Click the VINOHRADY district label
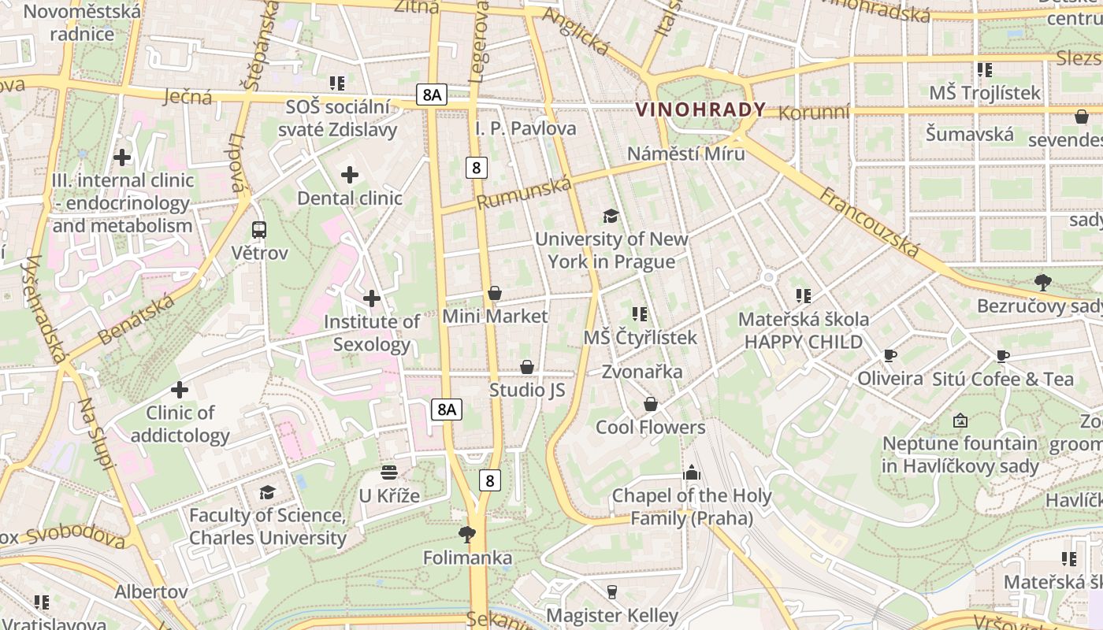(x=700, y=109)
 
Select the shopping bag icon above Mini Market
(x=495, y=294)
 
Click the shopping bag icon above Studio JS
(x=527, y=367)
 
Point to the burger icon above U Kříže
(x=389, y=472)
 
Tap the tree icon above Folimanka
(x=467, y=535)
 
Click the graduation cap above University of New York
(x=611, y=216)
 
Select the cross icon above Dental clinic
(x=350, y=175)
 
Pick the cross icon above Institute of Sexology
(x=372, y=298)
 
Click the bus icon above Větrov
(x=259, y=230)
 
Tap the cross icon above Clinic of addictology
(x=180, y=389)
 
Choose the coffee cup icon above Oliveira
(x=890, y=356)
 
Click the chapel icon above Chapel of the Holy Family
(x=692, y=472)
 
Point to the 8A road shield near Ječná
(x=432, y=95)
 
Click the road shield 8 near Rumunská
(x=476, y=167)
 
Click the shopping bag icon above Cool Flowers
(x=651, y=404)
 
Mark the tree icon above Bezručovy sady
(x=1043, y=282)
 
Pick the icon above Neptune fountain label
(x=960, y=421)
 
